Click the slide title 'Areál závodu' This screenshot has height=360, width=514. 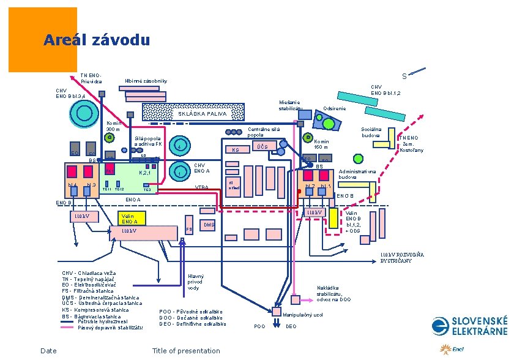pos(96,41)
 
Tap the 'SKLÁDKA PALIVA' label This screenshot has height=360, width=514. pos(202,114)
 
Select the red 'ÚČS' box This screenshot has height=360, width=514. pos(262,147)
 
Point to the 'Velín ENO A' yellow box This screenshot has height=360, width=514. pos(130,218)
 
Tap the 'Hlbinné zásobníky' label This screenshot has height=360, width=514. pos(146,81)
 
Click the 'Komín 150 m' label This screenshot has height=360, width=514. pos(322,144)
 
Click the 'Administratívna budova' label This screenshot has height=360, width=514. pos(357,174)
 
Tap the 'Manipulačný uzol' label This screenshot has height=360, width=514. pos(303,314)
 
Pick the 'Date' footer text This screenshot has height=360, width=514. pos(48,351)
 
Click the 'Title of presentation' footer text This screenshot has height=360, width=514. pos(185,351)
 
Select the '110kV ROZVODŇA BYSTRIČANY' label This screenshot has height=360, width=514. pos(401,257)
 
